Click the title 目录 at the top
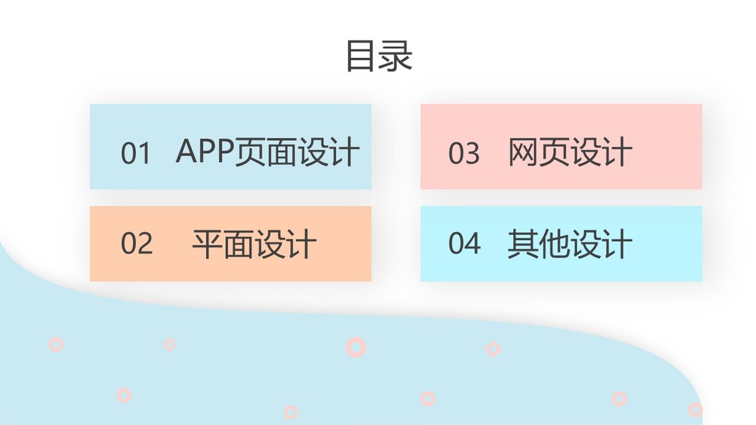[x=379, y=56]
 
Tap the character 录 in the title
[x=396, y=56]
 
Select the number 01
[x=136, y=153]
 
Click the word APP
[x=205, y=151]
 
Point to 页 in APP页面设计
[x=252, y=152]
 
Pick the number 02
[x=136, y=243]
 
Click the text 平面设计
[x=254, y=244]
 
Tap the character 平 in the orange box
[x=207, y=244]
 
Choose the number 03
[x=464, y=153]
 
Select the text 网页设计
[x=570, y=152]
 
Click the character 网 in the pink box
[x=523, y=152]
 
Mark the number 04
[x=464, y=243]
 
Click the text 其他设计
[x=570, y=244]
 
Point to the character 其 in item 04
[x=523, y=244]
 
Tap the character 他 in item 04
[x=554, y=244]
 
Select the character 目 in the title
[x=361, y=56]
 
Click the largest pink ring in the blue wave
[x=356, y=346]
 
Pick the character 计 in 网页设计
[x=616, y=152]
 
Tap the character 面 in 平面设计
[x=238, y=244]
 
